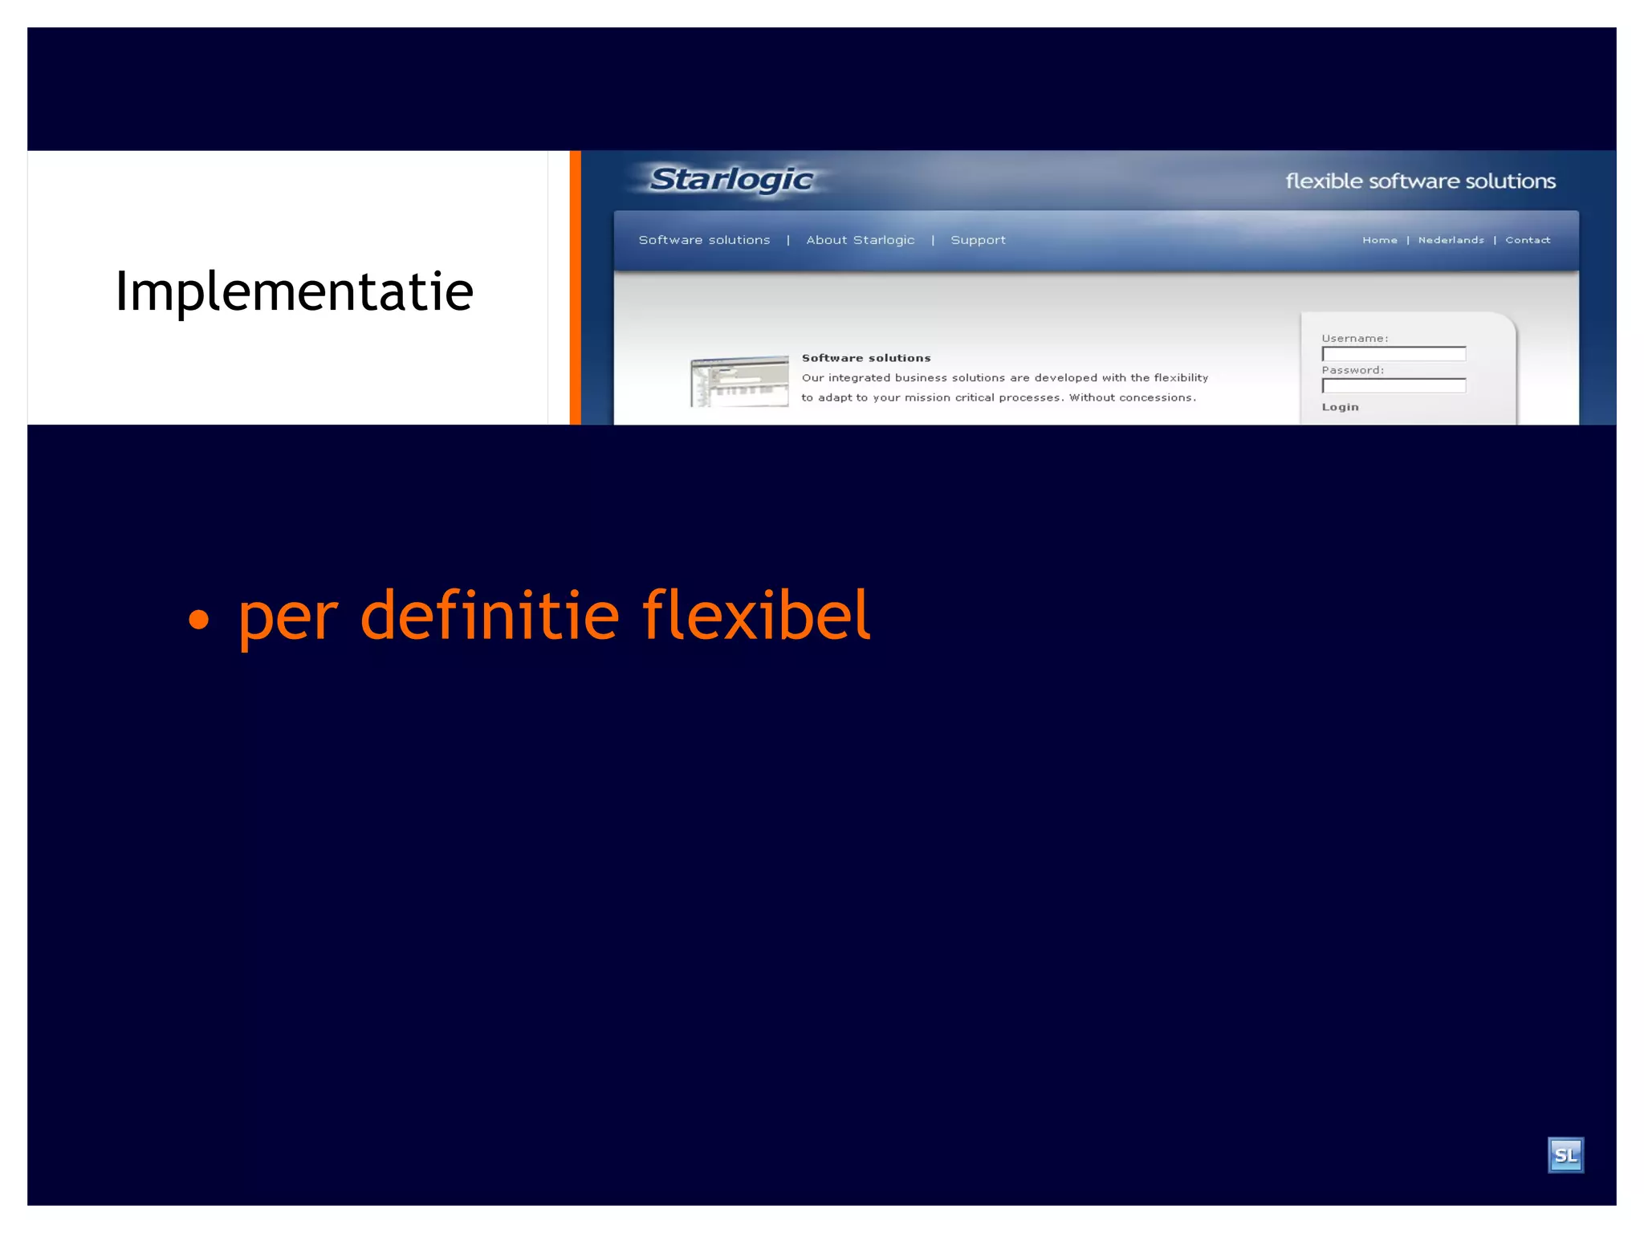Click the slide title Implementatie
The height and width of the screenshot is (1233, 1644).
[x=294, y=291]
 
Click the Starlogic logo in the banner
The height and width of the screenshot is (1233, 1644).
[x=730, y=180]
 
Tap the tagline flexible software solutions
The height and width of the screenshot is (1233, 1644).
[x=1420, y=181]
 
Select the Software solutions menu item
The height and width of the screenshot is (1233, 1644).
[x=704, y=240]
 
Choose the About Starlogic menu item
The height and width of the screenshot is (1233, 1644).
[x=860, y=240]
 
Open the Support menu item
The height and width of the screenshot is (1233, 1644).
[x=978, y=240]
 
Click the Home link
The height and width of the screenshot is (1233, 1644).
[x=1379, y=240]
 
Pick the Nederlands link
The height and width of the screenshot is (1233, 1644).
[x=1451, y=240]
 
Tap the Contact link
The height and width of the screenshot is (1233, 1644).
[x=1528, y=240]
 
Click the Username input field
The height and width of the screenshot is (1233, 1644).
[x=1394, y=354]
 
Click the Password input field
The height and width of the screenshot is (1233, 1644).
[x=1394, y=386]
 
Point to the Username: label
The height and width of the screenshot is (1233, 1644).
[x=1354, y=339]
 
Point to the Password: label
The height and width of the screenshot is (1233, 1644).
[x=1353, y=370]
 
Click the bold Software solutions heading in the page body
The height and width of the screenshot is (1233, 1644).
[x=866, y=358]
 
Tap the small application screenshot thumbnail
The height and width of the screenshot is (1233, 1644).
[x=739, y=381]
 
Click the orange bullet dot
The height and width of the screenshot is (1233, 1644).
[x=198, y=620]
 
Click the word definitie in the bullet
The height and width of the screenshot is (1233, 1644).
[x=490, y=615]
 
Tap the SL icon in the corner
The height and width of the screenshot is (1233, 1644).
[x=1565, y=1155]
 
